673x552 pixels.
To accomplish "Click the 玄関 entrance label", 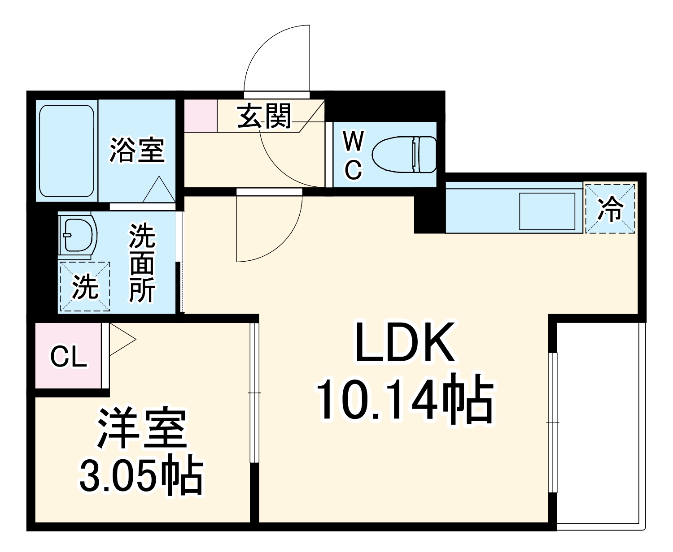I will (x=264, y=116).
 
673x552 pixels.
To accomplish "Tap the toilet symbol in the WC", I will (x=404, y=155).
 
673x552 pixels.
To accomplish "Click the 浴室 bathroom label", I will (x=137, y=150).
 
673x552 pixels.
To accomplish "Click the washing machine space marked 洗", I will (x=85, y=287).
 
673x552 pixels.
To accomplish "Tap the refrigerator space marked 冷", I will (x=610, y=208).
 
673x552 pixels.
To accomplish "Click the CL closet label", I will (x=68, y=357).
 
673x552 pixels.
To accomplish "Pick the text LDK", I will (x=404, y=342).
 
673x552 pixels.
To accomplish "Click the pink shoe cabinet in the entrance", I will (x=201, y=116).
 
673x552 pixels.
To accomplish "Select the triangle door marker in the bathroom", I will (x=158, y=190).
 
